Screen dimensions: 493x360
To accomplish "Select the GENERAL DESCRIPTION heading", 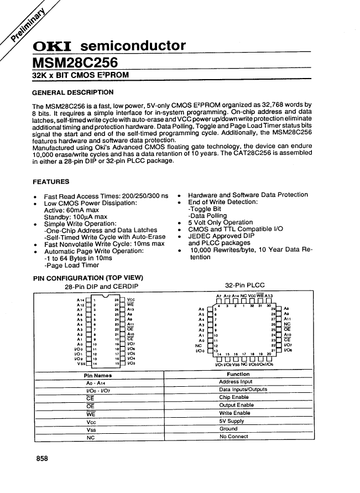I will pyautogui.click(x=73, y=92).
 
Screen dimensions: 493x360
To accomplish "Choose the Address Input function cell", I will pyautogui.click(x=236, y=382).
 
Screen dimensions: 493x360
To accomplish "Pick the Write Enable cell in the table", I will pyautogui.click(x=235, y=413).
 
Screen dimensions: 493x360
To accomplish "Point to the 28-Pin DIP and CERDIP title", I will pyautogui.click(x=101, y=286).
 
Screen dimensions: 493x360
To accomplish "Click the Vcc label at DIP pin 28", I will pyautogui.click(x=131, y=299).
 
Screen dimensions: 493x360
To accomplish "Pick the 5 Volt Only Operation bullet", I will pyautogui.click(x=221, y=222).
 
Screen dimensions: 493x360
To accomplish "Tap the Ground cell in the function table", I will pyautogui.click(x=228, y=429).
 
